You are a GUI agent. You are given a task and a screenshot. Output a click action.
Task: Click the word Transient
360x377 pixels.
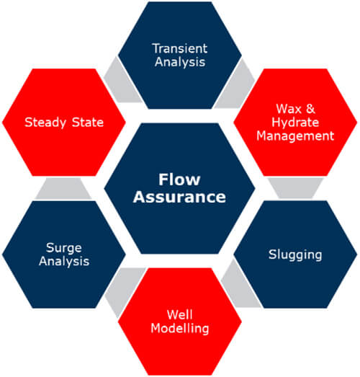tap(180, 48)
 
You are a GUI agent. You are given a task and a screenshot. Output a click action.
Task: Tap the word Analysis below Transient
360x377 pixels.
tap(180, 62)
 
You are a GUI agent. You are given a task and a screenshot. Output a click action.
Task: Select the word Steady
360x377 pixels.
tap(45, 123)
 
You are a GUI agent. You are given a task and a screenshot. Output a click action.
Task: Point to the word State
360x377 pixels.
tap(88, 122)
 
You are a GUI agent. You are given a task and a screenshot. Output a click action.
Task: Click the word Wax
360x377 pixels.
tap(289, 109)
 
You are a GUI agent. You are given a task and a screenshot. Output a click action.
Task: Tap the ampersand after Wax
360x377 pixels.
tap(310, 109)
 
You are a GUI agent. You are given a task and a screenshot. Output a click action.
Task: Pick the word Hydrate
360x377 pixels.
tap(295, 123)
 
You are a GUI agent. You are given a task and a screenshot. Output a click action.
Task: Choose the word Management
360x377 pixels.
tap(295, 136)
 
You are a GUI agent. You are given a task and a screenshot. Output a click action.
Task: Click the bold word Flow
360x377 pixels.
tap(179, 179)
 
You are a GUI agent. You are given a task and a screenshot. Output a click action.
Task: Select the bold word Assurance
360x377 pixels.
tap(179, 197)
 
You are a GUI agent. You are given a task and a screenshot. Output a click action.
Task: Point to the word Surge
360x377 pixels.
tap(64, 248)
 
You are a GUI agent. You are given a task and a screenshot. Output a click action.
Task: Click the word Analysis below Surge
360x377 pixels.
tap(64, 262)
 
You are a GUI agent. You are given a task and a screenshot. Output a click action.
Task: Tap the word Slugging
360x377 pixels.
tap(295, 255)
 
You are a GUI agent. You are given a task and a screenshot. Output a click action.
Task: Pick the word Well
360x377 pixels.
tap(179, 314)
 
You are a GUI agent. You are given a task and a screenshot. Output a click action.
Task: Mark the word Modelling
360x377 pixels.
tap(179, 329)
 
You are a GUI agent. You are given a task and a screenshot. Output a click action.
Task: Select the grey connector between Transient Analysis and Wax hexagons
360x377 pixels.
tap(236, 84)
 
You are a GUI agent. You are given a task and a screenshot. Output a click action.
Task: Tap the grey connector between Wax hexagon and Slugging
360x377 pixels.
tap(295, 188)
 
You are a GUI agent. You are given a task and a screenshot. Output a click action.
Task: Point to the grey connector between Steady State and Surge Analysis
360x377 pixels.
tap(63, 189)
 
